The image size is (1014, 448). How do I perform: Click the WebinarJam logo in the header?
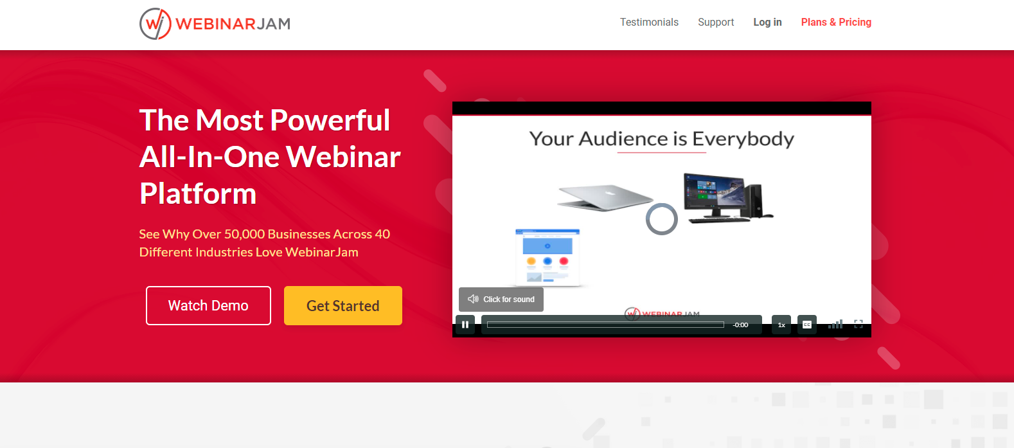[x=215, y=24]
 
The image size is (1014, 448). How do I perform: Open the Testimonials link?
[x=648, y=22]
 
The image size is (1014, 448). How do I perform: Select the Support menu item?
[x=716, y=22]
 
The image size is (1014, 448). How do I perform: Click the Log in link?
[x=767, y=22]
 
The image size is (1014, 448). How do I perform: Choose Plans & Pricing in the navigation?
[x=836, y=22]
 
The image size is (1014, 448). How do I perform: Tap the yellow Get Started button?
[x=342, y=305]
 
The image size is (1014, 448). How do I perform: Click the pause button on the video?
[x=465, y=325]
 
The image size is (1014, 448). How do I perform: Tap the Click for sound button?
[x=501, y=299]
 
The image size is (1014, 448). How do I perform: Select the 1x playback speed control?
[x=781, y=325]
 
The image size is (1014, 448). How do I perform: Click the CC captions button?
[x=806, y=325]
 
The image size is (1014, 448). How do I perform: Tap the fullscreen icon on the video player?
[x=858, y=324]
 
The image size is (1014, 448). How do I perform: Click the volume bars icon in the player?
[x=835, y=324]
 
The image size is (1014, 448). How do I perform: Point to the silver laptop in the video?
[x=605, y=197]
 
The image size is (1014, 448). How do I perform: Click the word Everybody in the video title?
[x=743, y=139]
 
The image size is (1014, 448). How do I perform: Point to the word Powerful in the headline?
[x=330, y=120]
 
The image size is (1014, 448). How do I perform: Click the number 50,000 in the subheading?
[x=244, y=234]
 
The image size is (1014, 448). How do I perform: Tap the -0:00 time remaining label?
[x=740, y=325]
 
